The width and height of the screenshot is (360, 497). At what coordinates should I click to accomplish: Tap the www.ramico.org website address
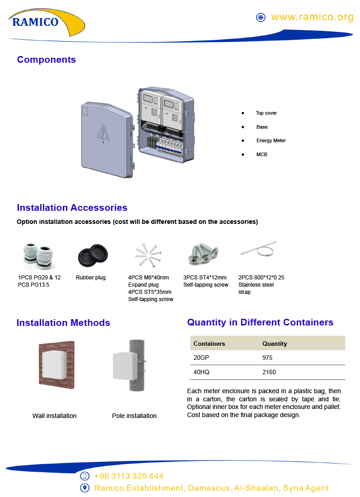point(312,17)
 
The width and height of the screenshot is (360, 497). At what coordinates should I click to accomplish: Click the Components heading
point(46,60)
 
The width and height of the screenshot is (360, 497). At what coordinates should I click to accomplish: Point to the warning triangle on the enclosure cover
point(103,133)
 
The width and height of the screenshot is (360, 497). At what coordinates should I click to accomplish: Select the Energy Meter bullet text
point(271,140)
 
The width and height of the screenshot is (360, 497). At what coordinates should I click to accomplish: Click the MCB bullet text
point(262,154)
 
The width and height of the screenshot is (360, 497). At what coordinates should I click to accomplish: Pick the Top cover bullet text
point(266,113)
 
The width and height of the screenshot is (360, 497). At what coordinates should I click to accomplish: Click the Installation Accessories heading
point(72,208)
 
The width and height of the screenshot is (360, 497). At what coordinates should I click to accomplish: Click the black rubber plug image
point(93,255)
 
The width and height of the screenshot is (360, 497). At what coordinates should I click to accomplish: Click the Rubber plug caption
point(90,278)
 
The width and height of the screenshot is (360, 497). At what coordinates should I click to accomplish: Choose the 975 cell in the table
point(267,358)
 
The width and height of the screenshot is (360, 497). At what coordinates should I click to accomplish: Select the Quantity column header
point(275,344)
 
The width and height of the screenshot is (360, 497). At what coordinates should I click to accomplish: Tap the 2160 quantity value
point(269,372)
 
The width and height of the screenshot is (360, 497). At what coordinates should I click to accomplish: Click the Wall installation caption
point(54,416)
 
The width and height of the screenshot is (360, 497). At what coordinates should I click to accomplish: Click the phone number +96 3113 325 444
point(129,476)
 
